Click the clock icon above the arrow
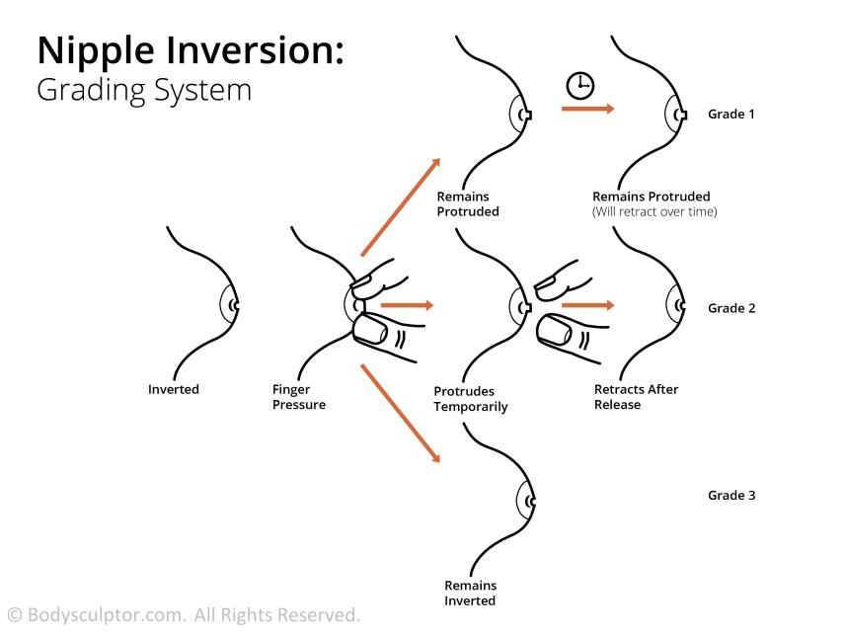(579, 86)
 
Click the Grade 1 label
(731, 115)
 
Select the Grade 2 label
(731, 308)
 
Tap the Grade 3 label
(731, 495)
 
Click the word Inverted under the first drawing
(174, 389)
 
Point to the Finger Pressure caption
(299, 397)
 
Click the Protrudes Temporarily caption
(471, 399)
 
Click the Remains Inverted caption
(470, 593)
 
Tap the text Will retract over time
(654, 212)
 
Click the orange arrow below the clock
(587, 109)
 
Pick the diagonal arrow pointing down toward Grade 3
(400, 413)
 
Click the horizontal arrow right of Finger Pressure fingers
(407, 306)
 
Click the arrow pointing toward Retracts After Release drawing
(587, 306)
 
